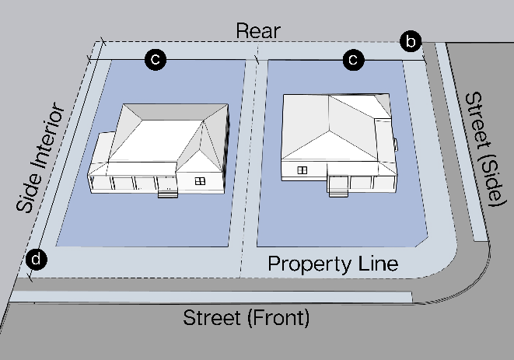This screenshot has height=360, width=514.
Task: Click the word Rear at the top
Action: pyautogui.click(x=257, y=31)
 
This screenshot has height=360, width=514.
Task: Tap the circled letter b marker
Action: pyautogui.click(x=411, y=41)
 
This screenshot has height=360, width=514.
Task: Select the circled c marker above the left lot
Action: pyautogui.click(x=156, y=59)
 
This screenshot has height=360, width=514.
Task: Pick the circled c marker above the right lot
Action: pyautogui.click(x=354, y=59)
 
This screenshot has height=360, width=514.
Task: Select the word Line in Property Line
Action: pyautogui.click(x=379, y=264)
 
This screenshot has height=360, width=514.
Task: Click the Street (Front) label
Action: pyautogui.click(x=246, y=317)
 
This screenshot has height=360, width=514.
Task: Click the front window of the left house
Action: pyautogui.click(x=200, y=181)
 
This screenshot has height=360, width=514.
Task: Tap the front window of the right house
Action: pyautogui.click(x=302, y=169)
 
